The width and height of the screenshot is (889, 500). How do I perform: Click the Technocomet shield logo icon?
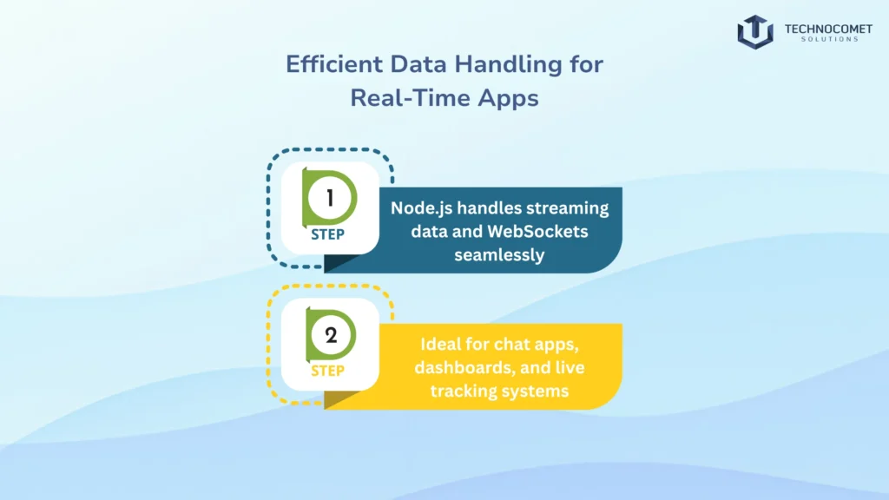coord(754,30)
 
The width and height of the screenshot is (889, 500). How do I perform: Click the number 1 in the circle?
coord(331,198)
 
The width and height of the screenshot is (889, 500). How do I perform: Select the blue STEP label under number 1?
coord(327,234)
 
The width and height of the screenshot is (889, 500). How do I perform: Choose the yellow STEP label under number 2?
coord(327,372)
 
